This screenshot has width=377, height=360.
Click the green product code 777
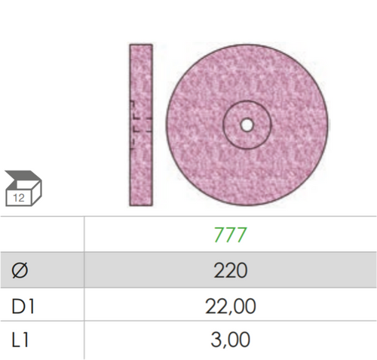coord(230,235)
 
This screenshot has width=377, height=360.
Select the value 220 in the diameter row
coord(231,270)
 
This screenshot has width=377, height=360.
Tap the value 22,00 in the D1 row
coord(231,306)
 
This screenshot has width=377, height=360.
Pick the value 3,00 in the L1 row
coord(231,340)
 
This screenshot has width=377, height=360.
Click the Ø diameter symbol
coord(20,271)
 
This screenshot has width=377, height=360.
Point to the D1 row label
coord(23,306)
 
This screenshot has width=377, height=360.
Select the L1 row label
coord(20,340)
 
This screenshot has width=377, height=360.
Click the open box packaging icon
coord(23,189)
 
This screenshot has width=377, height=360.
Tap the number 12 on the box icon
coord(19,198)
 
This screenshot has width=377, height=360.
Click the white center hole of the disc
coord(247,125)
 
